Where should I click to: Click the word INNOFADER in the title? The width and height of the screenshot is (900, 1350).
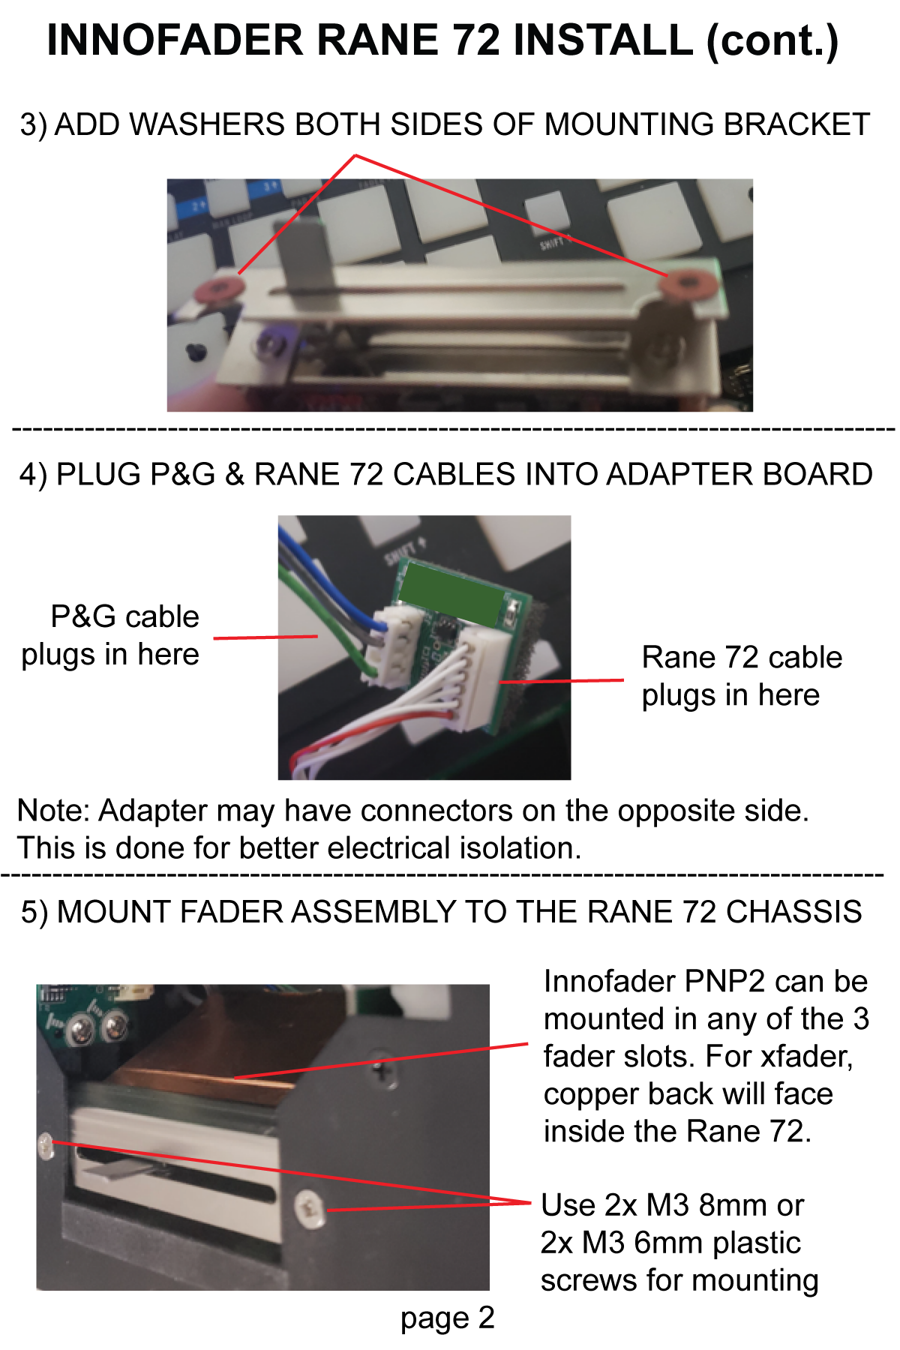click(175, 40)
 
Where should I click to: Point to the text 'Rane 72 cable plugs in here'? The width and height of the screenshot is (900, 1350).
click(742, 676)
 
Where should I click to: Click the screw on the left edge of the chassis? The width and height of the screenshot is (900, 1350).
click(45, 1145)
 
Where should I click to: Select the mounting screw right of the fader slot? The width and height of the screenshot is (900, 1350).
click(310, 1208)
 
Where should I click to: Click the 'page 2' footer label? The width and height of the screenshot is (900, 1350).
click(448, 1318)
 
